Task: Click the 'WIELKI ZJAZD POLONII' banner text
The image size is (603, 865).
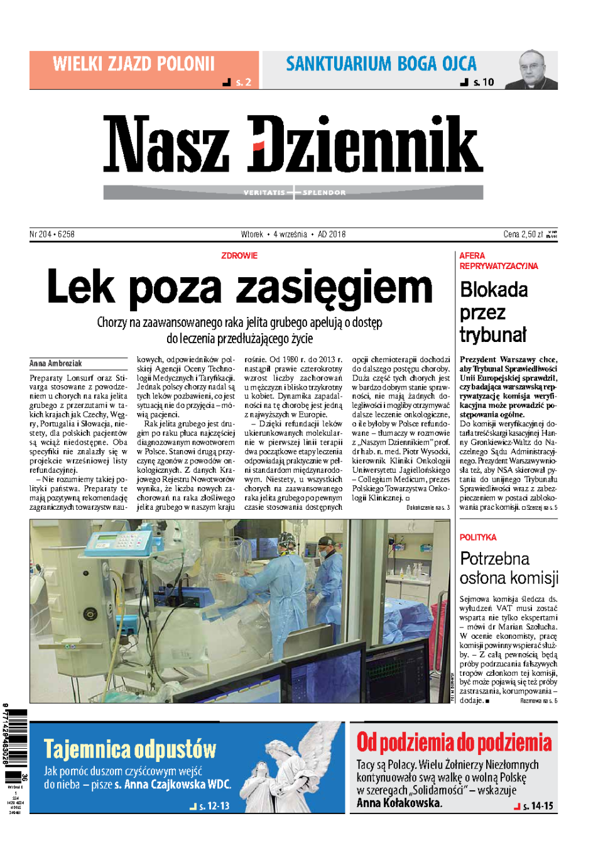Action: coord(134,64)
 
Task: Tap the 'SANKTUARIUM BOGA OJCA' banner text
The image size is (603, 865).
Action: coord(381,64)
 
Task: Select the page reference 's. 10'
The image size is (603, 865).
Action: coord(483,82)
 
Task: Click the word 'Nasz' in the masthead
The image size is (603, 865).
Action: coord(166,144)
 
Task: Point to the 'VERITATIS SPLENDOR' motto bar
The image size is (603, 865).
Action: coord(293,192)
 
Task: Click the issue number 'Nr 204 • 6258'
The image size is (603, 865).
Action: coord(52,234)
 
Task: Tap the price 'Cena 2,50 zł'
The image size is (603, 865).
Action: coord(523,234)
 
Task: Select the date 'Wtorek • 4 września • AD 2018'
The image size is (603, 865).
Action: coord(293,234)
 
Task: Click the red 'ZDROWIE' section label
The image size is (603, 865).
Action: coord(239,256)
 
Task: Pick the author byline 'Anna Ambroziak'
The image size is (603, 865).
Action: coord(56,363)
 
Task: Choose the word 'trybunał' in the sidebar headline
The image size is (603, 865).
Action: coord(493,335)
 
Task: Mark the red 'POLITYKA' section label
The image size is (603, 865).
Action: coord(478,537)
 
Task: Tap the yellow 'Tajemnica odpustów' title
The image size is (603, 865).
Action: coord(130,749)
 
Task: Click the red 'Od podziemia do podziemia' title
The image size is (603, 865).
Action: coord(454,742)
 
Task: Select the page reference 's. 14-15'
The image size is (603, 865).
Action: coord(538,806)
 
